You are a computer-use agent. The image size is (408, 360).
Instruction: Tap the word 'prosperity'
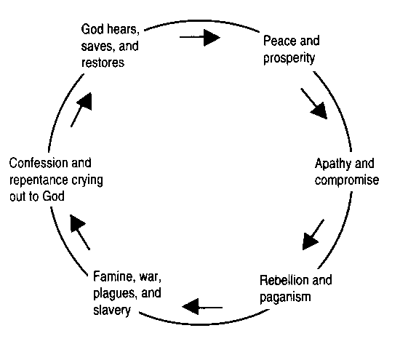pos(289,58)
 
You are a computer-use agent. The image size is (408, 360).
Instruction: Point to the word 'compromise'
pos(347,180)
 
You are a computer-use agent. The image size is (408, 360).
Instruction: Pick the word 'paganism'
pos(285,297)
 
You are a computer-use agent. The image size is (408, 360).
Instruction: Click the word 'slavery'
pos(112,311)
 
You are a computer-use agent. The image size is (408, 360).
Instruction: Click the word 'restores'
pos(103,63)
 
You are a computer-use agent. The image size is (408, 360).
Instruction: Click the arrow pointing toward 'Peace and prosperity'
pos(200,38)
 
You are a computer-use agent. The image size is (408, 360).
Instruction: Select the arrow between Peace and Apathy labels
pos(314,104)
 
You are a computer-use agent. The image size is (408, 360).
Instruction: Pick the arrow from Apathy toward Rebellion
pos(313,235)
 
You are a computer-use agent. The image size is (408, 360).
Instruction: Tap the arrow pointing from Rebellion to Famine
pos(202,307)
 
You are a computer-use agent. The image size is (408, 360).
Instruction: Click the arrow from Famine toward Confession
pos(80,232)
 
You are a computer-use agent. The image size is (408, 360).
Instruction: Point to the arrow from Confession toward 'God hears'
pos(81,110)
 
